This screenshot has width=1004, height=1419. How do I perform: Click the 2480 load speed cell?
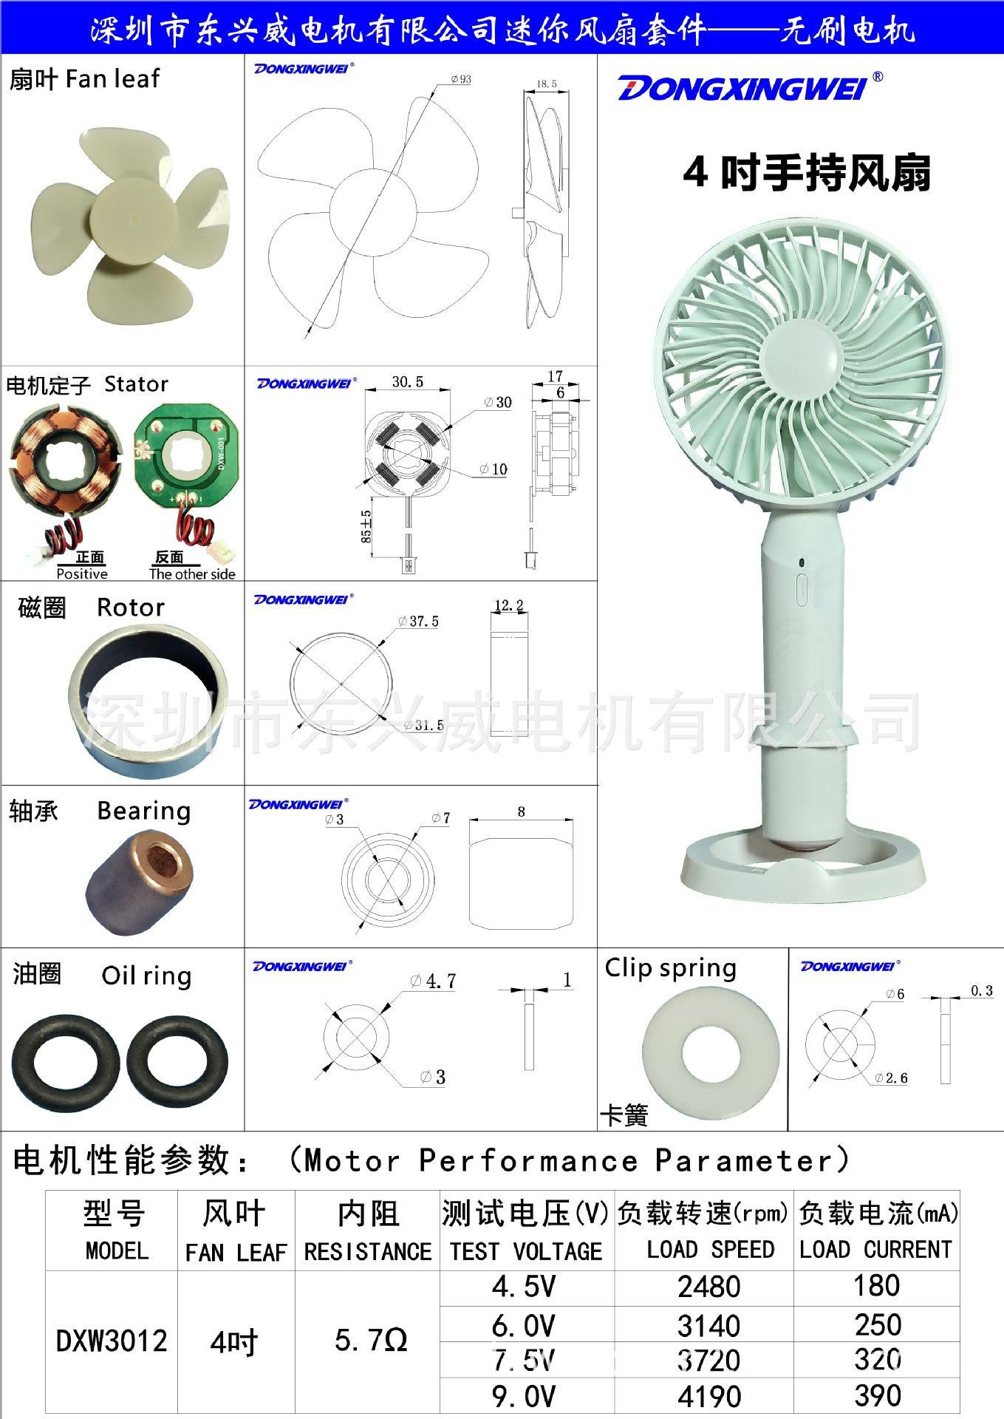pos(708,1287)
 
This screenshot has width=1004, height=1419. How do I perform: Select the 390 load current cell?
pos(878,1395)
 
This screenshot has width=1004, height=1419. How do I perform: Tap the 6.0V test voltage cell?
pos(524,1325)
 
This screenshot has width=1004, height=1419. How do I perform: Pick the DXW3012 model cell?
pos(112,1341)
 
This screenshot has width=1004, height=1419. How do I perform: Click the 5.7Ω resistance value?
pos(370,1340)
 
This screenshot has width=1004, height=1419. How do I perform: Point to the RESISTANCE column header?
pos(368,1251)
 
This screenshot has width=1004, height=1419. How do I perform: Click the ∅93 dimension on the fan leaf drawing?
pos(460,79)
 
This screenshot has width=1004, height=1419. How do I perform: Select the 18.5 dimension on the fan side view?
pos(546,84)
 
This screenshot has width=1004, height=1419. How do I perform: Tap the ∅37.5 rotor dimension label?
pos(419,622)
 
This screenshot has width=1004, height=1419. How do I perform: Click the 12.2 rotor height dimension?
pos(509,605)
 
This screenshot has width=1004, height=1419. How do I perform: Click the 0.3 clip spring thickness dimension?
pos(981,990)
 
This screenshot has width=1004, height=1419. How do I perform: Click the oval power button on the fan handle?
pos(801,591)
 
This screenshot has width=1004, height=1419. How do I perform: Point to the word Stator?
pos(136,384)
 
